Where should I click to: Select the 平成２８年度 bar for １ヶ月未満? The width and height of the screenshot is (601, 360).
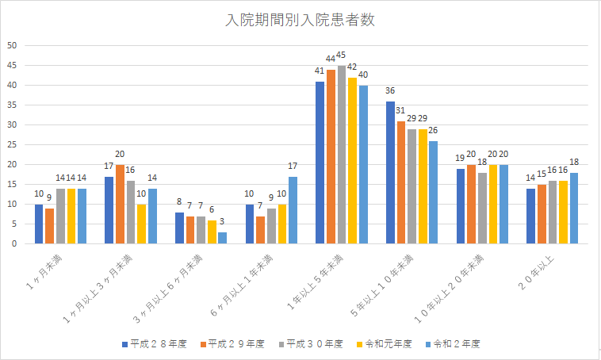[39, 224]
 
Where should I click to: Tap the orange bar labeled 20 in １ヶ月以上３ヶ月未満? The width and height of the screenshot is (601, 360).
[120, 204]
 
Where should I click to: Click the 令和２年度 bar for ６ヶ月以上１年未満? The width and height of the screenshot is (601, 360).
[292, 210]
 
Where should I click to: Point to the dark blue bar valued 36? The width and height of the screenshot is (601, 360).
[389, 172]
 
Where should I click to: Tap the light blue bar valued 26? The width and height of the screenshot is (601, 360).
[432, 192]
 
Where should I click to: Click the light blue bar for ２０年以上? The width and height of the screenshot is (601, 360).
[573, 208]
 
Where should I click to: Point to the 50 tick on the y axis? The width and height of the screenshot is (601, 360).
[13, 45]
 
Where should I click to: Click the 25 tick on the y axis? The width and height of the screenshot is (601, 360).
[13, 144]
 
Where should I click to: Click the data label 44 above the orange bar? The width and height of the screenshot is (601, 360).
[331, 59]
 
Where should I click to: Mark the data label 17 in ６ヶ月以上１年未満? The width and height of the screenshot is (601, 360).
[292, 166]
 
